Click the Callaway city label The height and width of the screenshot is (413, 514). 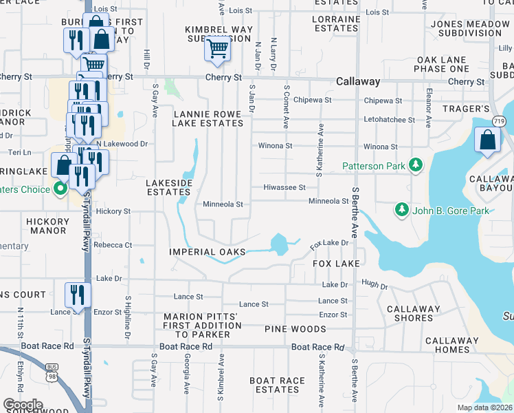(x=358, y=81)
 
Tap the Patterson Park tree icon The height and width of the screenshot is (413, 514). (x=415, y=165)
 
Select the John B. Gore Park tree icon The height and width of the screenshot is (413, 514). (x=401, y=209)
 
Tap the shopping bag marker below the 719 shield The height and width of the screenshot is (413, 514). (x=487, y=140)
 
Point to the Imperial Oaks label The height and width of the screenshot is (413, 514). (x=208, y=252)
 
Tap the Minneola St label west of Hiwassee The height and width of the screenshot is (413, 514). (x=223, y=204)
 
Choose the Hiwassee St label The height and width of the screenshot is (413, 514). (x=284, y=187)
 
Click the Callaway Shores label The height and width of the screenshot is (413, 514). (x=413, y=315)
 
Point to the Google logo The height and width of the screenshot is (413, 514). (x=23, y=404)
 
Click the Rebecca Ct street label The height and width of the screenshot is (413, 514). (x=113, y=245)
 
